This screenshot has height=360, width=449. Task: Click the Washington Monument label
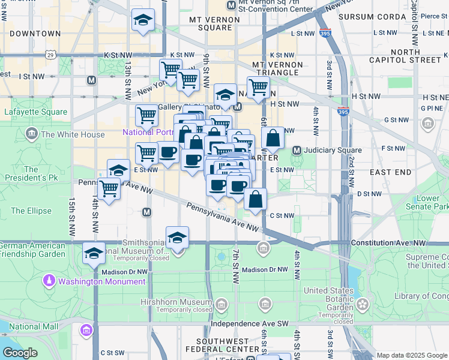(89, 280)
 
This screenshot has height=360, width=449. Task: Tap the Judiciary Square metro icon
(297, 149)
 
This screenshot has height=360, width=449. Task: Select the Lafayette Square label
(36, 112)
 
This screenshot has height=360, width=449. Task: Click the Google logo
(20, 353)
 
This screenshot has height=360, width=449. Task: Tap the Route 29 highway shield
(51, 55)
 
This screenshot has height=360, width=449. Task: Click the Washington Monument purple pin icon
(49, 280)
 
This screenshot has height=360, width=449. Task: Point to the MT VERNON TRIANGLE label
(275, 68)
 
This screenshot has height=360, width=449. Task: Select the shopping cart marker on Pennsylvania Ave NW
(109, 189)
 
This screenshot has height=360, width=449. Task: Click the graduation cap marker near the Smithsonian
(177, 239)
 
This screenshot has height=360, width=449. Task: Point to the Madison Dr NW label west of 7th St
(124, 271)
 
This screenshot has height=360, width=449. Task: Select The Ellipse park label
(26, 211)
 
